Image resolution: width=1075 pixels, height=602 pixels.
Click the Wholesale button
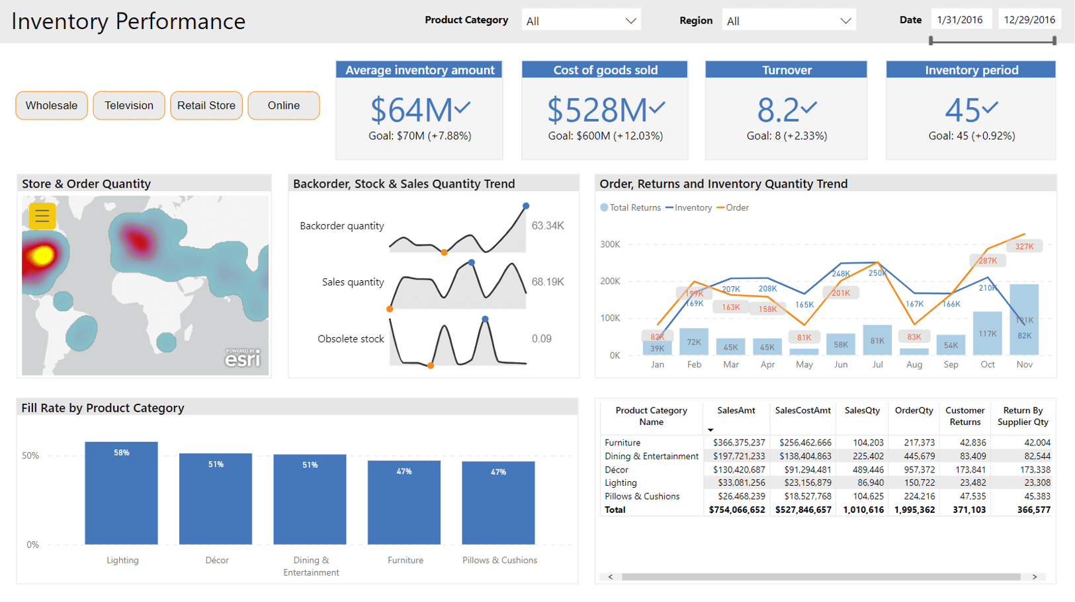[52, 106]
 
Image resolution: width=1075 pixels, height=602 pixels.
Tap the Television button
[129, 106]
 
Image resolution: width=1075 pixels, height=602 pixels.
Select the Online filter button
[284, 106]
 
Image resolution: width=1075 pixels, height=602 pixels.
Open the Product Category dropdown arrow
[630, 21]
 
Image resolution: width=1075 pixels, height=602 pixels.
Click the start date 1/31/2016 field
[960, 20]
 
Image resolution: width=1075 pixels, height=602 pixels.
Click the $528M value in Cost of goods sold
[597, 110]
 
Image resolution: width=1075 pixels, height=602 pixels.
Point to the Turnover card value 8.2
[778, 110]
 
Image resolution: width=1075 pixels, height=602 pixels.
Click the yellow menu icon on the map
[42, 215]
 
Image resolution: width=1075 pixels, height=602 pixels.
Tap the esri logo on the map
[243, 358]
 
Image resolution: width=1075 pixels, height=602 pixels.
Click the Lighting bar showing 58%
[122, 493]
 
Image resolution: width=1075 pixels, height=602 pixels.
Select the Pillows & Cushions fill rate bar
[499, 502]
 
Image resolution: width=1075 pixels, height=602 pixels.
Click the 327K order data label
[1024, 246]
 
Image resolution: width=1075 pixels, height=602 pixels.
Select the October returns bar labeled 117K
[987, 334]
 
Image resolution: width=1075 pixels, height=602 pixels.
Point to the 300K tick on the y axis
[610, 245]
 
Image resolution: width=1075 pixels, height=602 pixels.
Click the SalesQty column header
[862, 411]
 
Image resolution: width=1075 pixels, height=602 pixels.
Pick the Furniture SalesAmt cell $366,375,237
[738, 443]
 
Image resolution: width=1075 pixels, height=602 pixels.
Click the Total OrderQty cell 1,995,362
[914, 510]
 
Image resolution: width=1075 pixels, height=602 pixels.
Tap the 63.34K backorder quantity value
[548, 226]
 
